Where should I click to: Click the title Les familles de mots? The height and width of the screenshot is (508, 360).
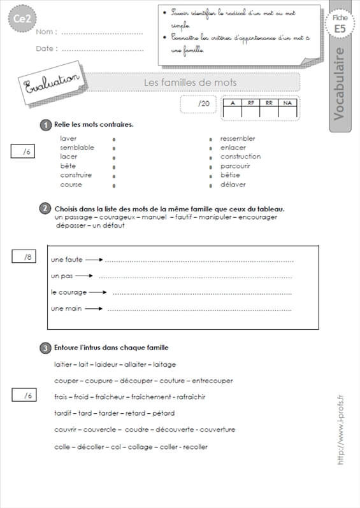[190, 83]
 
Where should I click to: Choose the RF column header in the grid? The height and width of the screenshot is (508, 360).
[251, 103]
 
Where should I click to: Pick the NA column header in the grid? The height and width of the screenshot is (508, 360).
[287, 103]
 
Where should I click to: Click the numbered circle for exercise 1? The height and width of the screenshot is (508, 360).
[46, 125]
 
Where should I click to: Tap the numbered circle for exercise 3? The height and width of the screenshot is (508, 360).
[46, 348]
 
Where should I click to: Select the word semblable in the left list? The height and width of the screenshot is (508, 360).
[77, 147]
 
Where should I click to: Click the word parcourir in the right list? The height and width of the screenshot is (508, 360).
[235, 166]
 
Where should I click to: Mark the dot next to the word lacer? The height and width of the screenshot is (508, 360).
[113, 157]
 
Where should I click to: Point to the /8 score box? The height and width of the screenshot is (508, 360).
[27, 257]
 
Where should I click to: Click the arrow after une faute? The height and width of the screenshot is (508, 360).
[93, 260]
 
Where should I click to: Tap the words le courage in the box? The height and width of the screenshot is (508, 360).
[67, 292]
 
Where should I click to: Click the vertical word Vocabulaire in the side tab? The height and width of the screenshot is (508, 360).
[341, 83]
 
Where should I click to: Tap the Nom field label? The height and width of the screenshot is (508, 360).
[47, 32]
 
